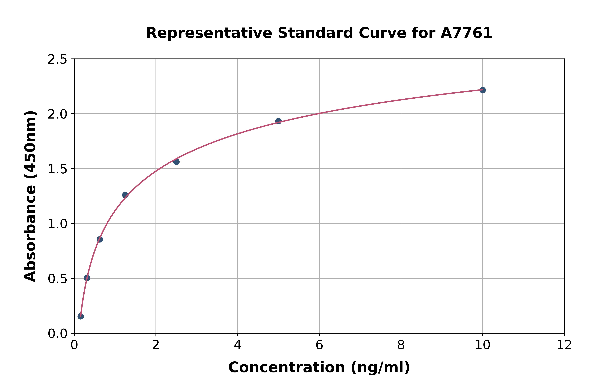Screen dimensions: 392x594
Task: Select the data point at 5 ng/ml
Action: click(278, 121)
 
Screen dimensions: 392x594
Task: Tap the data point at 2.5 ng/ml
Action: click(176, 162)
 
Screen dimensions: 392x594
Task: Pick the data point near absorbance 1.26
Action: click(125, 195)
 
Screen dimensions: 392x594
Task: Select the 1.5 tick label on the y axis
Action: click(58, 169)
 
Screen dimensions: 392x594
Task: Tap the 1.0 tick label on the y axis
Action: click(58, 224)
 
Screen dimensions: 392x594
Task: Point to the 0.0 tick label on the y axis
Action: click(58, 334)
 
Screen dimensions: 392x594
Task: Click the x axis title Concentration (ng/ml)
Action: click(319, 367)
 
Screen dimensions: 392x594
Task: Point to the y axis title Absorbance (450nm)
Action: click(30, 196)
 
